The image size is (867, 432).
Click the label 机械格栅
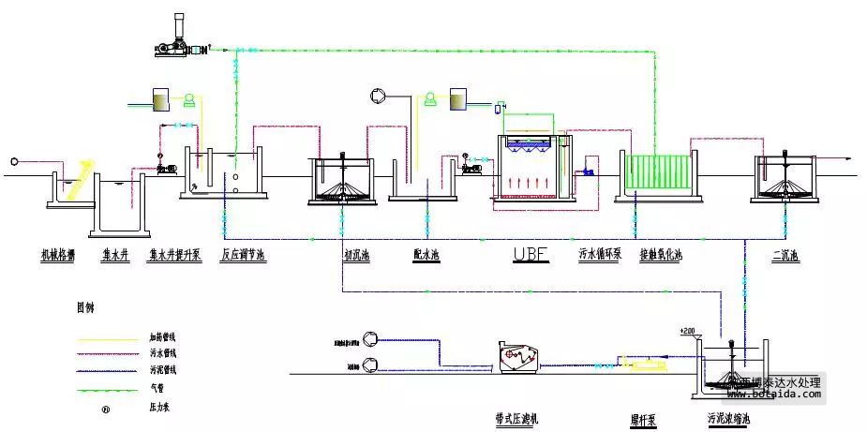coord(59,254)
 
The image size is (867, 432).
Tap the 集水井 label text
coord(116,254)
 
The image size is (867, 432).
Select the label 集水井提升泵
coord(176,254)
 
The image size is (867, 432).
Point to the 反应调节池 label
coord(244,254)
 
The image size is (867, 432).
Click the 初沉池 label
coord(356,254)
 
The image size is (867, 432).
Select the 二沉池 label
coord(785,254)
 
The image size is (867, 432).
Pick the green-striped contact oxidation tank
coord(657,173)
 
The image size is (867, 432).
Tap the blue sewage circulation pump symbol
coord(588,171)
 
